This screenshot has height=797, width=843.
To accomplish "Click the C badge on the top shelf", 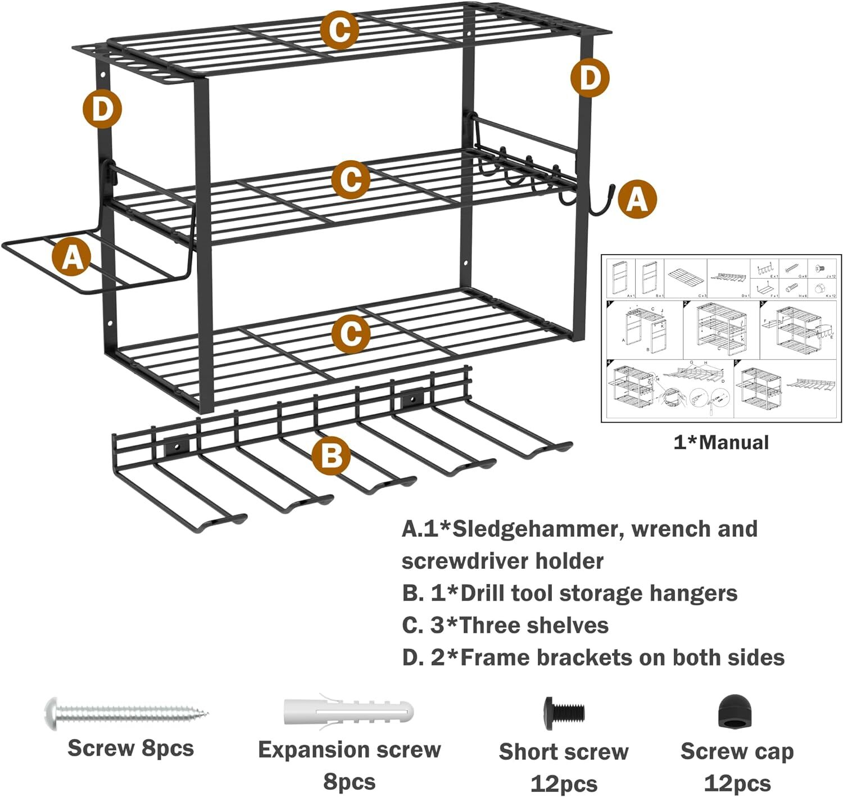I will coord(339,30).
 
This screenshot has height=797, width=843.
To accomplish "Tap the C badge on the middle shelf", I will coord(351,179).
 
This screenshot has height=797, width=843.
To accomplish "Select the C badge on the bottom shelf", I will coord(351,334).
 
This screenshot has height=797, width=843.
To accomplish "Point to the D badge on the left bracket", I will coord(102,108).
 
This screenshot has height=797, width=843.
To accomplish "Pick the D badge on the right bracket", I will coord(590,78).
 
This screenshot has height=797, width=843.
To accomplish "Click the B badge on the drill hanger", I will coord(331,455).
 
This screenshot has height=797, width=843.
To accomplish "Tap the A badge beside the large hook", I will coord(637,199).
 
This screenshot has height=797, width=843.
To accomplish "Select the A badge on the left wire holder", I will coord(71,257).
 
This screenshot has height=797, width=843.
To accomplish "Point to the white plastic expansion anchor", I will coord(348,712).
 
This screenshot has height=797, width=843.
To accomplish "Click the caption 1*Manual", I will coord(721,442).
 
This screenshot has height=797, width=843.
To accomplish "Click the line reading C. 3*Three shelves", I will coord(505,625).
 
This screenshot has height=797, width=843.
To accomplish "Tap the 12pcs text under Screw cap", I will coord(737,783).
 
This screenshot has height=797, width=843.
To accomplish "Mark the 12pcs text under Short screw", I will coord(564,784).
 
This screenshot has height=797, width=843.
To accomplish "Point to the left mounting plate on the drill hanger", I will coord(176,447).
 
